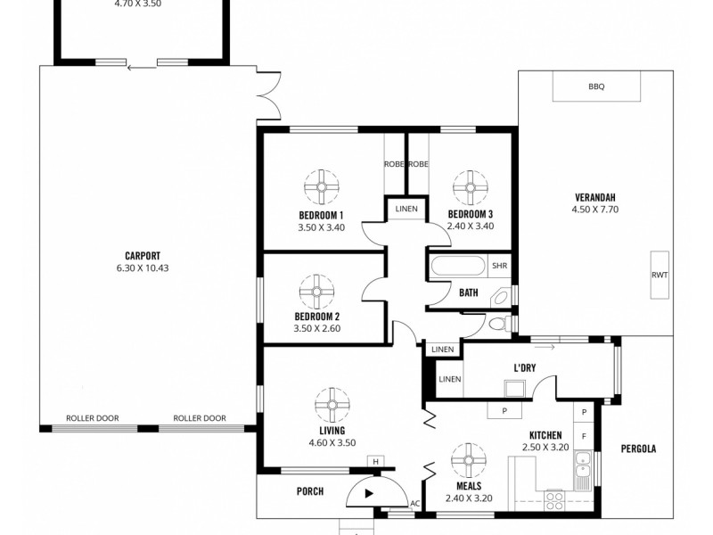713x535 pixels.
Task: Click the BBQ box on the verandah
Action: click(596, 87)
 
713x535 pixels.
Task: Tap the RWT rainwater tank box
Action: click(659, 276)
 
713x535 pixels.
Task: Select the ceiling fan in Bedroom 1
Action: click(322, 188)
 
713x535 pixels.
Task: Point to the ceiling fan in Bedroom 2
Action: click(316, 290)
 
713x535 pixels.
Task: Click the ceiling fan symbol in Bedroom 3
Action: click(470, 188)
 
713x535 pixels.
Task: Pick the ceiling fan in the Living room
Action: click(332, 406)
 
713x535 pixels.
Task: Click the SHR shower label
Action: click(500, 266)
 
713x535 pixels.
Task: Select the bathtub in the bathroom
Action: click(458, 267)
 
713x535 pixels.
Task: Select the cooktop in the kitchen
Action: click(554, 499)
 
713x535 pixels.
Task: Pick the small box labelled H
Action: click(376, 461)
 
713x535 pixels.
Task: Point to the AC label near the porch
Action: click(414, 504)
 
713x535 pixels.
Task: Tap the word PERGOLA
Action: click(638, 449)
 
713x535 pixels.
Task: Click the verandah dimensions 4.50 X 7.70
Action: click(594, 210)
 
